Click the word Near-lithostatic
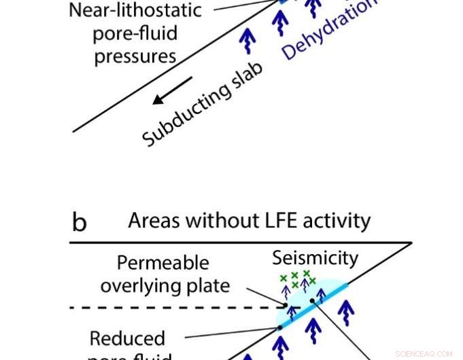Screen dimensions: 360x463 click(x=135, y=11)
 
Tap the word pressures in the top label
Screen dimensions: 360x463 click(x=135, y=56)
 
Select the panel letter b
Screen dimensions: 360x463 click(x=79, y=222)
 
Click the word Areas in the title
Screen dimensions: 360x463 click(x=156, y=221)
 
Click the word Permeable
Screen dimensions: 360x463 click(x=162, y=263)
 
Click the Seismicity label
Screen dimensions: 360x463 click(x=315, y=258)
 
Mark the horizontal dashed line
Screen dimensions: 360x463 click(x=170, y=308)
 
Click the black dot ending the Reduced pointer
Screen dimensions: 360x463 click(x=279, y=328)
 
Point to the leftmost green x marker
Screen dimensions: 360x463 click(x=284, y=278)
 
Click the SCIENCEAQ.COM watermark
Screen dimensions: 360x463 click(x=423, y=354)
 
